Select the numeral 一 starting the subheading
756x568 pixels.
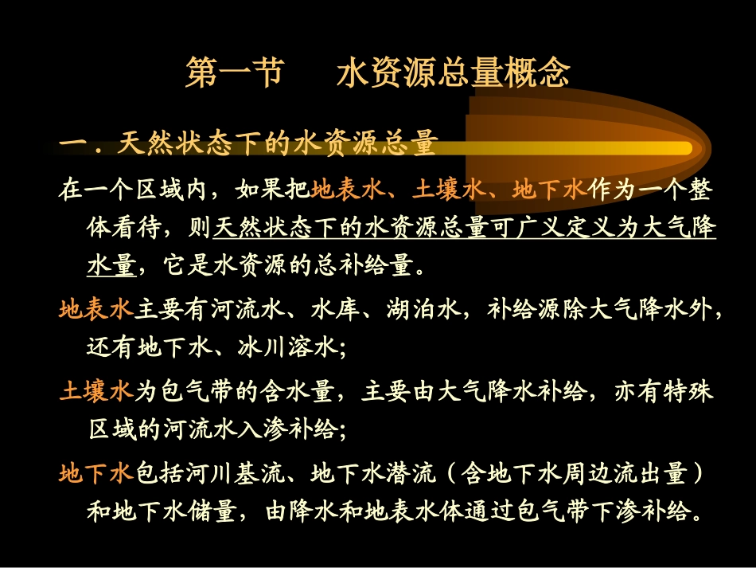click(73, 144)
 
